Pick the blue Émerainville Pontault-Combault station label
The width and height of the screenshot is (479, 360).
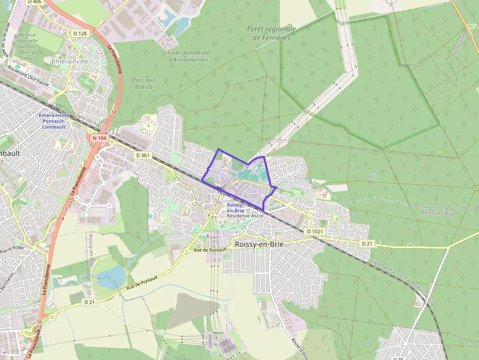[54, 121]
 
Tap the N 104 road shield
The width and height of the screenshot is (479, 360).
[99, 138]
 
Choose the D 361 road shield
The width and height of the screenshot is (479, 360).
[143, 155]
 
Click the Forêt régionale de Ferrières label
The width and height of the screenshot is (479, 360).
[271, 33]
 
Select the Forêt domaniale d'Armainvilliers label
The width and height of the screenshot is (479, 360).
[188, 56]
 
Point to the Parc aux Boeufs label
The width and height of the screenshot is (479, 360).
[143, 83]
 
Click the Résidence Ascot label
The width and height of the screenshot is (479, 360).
[245, 215]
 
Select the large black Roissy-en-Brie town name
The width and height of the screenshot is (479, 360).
[259, 244]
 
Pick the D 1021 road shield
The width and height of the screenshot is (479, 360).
[315, 231]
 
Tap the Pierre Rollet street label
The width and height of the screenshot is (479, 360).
[12, 250]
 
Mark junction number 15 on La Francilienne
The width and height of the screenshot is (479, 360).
[65, 209]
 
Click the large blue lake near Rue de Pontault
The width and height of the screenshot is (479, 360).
[111, 276]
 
